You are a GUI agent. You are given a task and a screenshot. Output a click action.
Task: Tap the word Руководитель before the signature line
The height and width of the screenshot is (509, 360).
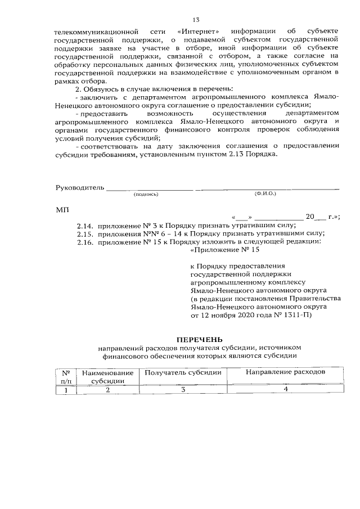79,187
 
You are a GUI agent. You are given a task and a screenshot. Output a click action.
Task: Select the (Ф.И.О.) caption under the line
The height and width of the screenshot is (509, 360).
264,193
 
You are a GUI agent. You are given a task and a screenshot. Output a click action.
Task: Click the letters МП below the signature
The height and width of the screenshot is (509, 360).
62,209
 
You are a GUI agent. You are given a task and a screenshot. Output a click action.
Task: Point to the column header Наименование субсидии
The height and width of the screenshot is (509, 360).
107,377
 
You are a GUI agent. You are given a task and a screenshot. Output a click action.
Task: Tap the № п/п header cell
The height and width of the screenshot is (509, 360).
66,377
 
